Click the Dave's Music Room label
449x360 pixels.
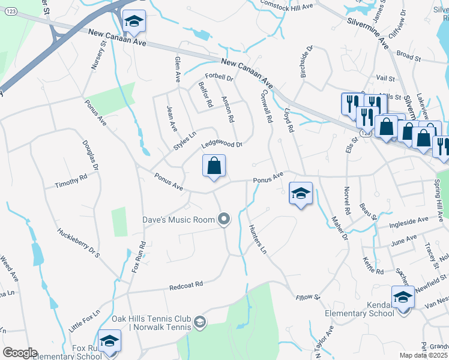tap(178, 220)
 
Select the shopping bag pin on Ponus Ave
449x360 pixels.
tap(214, 166)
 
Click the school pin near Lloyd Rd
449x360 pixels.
tap(301, 193)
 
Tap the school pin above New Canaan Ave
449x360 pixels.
tap(134, 23)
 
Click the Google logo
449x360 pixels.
tap(19, 353)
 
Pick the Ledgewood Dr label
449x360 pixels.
tap(221, 145)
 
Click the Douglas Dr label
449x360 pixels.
tap(92, 146)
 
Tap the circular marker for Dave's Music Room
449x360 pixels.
tap(224, 220)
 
